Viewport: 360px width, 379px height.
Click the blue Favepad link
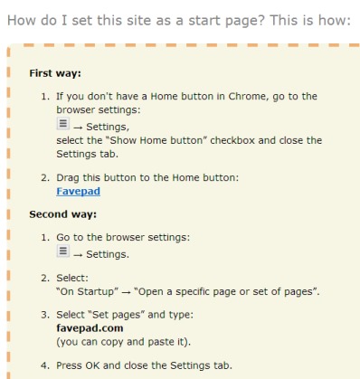(78, 191)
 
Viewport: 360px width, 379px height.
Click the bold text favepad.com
(90, 328)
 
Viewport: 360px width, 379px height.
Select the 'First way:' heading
(55, 73)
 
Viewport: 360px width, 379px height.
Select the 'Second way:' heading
(63, 214)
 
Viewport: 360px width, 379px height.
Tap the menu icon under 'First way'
(63, 124)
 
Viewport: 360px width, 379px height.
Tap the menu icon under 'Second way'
(63, 251)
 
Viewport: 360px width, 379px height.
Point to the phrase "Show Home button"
(156, 140)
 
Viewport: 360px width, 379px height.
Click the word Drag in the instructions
(68, 178)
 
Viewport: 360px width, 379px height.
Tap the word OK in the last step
(92, 365)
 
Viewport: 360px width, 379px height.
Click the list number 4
(45, 365)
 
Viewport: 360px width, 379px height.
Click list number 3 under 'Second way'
(45, 315)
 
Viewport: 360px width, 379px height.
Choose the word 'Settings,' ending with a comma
(108, 127)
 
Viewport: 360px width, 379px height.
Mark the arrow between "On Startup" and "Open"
(126, 292)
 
